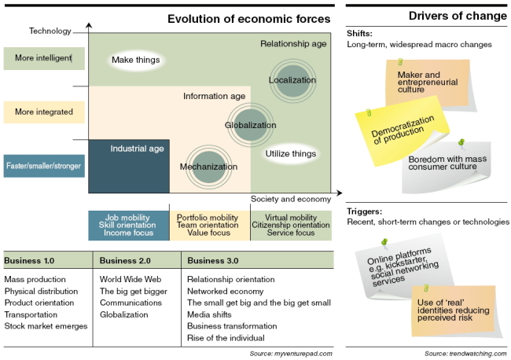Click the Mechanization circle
coord(209,167)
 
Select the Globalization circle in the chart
coord(250,125)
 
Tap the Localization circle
coord(293,80)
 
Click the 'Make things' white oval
coord(136,60)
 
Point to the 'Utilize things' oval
coord(291,153)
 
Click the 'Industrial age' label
coord(138,149)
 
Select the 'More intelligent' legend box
coord(44,58)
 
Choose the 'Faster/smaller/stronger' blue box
coord(44,166)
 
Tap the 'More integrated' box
coord(44,112)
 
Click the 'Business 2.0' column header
coord(125,261)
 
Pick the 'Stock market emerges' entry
coord(46,326)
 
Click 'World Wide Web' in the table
coord(131,279)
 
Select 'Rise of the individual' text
coord(226,338)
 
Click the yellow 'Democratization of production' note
coord(402,131)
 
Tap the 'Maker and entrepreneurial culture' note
coord(429,84)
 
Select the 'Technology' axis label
coord(50,31)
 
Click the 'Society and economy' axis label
coord(291,199)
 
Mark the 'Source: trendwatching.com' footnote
coord(465,354)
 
